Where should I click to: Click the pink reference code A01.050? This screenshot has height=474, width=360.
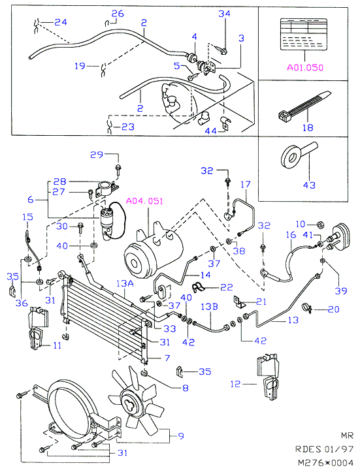point(305,67)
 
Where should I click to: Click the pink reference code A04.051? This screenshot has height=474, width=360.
point(144,201)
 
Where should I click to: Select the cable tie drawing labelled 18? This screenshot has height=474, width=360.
point(304,106)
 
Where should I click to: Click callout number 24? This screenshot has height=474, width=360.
point(61,22)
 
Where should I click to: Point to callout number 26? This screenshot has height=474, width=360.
point(118,14)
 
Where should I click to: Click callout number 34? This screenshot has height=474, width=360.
point(225,14)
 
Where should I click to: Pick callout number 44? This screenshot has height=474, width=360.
point(210,131)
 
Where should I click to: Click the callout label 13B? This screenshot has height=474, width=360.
point(209,307)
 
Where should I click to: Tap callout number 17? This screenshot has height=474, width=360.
point(246,184)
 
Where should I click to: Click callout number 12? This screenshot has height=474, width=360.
point(235,384)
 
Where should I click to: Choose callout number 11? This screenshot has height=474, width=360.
point(57,345)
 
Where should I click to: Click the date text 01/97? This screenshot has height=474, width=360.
point(339,449)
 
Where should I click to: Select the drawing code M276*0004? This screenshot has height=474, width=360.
point(325,463)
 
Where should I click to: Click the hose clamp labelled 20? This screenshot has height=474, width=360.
point(307,308)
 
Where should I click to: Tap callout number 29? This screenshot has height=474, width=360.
point(97,155)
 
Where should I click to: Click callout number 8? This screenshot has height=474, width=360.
point(186,388)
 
